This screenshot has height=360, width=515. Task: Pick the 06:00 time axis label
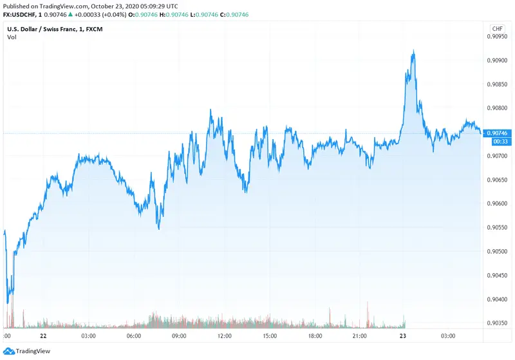pyautogui.click(x=133, y=336)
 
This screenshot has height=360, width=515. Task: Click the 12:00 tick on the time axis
pyautogui.click(x=225, y=336)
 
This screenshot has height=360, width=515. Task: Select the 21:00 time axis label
pyautogui.click(x=360, y=336)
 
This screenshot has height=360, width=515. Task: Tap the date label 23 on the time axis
pyautogui.click(x=403, y=336)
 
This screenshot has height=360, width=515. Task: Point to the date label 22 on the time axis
pyautogui.click(x=42, y=336)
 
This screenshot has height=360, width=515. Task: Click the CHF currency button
pyautogui.click(x=498, y=29)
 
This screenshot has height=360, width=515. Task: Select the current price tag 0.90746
pyautogui.click(x=498, y=133)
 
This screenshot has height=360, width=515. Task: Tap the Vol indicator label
pyautogui.click(x=12, y=37)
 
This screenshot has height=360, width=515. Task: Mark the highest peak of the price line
pyautogui.click(x=413, y=51)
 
